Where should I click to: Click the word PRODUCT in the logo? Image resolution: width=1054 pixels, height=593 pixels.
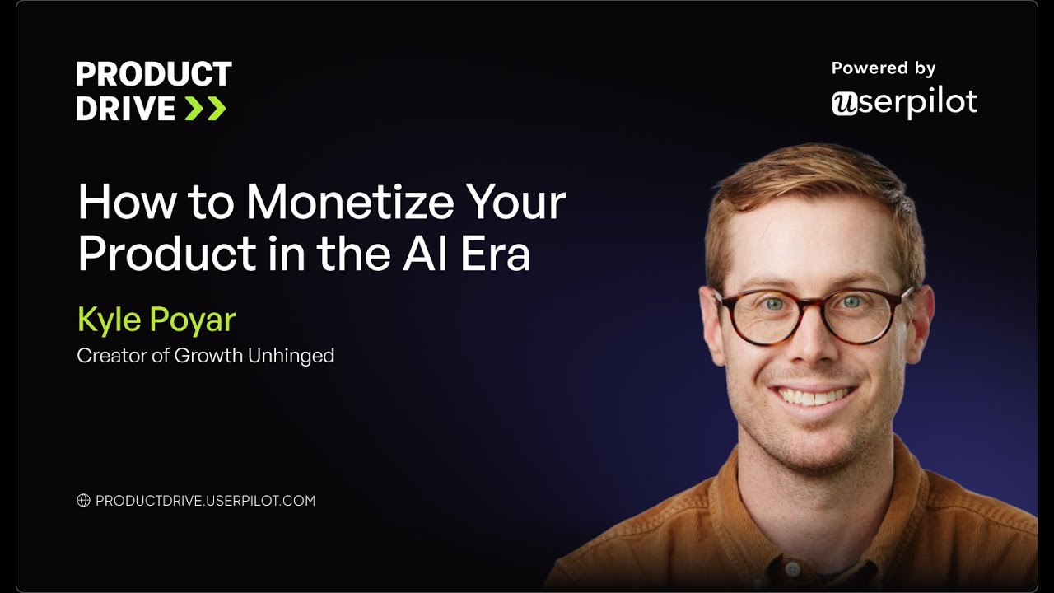coord(154,75)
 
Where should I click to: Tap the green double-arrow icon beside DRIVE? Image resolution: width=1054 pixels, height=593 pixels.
coord(205,108)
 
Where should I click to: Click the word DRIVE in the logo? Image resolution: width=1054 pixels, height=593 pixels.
coord(126,108)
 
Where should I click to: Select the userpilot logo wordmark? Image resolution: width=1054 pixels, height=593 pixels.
coord(904,102)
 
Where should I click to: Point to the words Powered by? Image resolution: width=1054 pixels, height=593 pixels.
coord(884,68)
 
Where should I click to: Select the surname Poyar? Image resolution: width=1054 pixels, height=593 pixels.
coord(195,320)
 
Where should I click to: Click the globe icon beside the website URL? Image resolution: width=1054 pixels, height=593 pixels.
coord(83,501)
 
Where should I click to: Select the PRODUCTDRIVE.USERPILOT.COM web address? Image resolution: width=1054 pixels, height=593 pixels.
coord(206,501)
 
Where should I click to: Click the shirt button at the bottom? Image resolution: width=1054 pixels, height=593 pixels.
coord(792,569)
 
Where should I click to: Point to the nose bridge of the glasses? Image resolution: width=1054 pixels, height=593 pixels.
coord(814,306)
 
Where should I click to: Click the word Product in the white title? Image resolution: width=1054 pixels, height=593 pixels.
coord(167,254)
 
